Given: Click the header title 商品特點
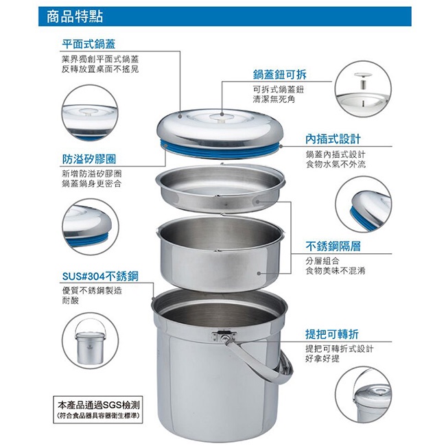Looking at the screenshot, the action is (75, 16).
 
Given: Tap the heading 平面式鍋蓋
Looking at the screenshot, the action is (89, 44).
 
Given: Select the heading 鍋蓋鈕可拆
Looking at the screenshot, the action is (279, 75).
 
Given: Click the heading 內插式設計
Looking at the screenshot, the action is (333, 139).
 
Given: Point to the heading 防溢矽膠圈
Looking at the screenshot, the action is (89, 159).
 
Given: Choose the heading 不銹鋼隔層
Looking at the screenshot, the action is (333, 246).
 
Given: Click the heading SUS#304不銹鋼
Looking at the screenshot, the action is (100, 277).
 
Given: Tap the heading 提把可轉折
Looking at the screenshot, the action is (332, 334).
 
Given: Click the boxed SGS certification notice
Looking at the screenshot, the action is (98, 410).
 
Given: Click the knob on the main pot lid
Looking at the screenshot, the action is (220, 117).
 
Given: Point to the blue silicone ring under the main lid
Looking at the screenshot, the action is (220, 150).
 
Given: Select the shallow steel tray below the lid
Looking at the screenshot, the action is (220, 188).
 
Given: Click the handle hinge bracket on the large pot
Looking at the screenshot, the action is (224, 336).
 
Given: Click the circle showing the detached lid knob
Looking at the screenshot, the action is (363, 89).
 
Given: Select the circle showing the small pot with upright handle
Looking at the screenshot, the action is (90, 341).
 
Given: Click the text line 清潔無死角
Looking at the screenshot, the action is (274, 99).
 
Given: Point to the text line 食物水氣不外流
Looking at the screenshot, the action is (336, 164).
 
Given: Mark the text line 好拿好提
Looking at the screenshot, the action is (322, 358).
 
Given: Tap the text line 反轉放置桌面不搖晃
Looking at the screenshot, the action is (100, 69).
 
